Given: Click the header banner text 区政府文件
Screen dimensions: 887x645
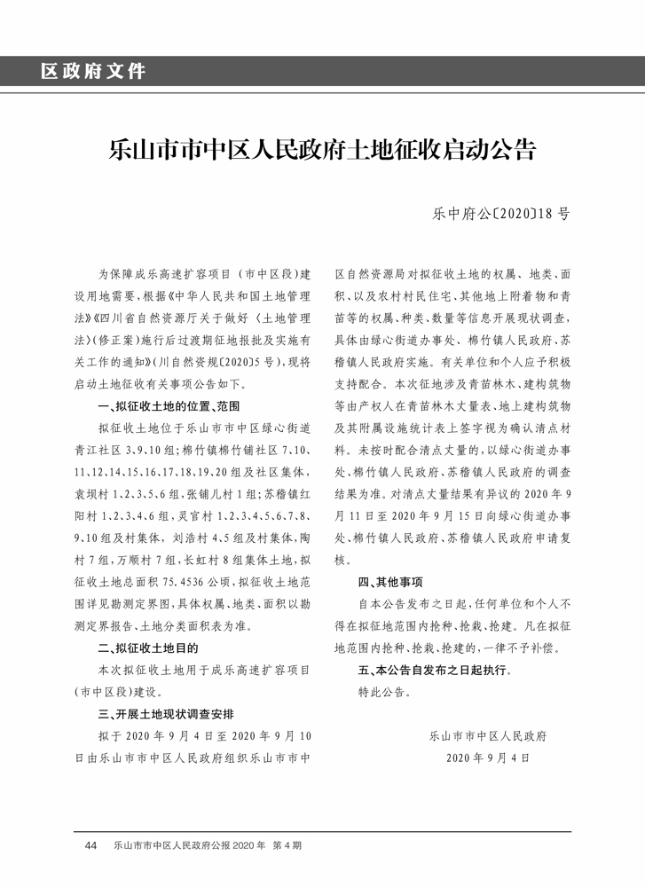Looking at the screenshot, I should click(92, 71).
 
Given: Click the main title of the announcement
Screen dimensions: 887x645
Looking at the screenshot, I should click(322, 148).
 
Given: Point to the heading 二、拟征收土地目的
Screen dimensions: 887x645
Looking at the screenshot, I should click(147, 648).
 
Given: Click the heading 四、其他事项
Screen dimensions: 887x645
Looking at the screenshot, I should click(390, 583).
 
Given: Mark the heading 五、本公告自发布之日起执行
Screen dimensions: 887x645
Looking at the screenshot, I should click(435, 670).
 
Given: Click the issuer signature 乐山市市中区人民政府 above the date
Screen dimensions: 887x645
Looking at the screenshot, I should click(487, 736).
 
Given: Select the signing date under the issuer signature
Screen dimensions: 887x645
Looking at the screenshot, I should click(488, 758).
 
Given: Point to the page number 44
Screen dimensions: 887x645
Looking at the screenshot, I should click(90, 845).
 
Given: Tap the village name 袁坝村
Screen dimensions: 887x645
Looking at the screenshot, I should click(91, 493).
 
